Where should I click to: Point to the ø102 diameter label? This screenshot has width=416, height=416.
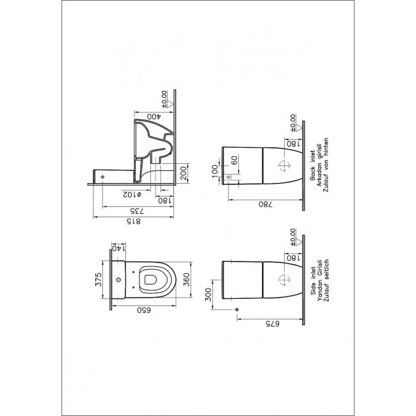[132, 195]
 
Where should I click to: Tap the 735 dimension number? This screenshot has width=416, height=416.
[137, 211]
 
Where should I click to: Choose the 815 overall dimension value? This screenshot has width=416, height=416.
[134, 221]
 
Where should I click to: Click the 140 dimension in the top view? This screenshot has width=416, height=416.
[118, 248]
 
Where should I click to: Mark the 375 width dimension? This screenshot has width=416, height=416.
[99, 280]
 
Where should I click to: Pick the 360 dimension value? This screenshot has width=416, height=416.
[187, 280]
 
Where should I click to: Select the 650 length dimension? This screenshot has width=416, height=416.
[144, 310]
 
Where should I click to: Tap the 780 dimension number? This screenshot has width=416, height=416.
[266, 204]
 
